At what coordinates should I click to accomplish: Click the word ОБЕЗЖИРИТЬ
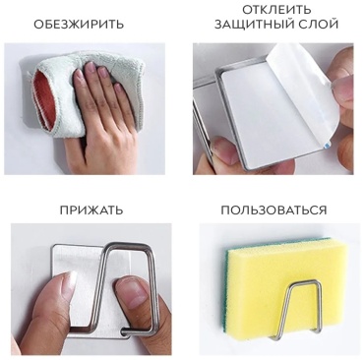pyautogui.click(x=79, y=25)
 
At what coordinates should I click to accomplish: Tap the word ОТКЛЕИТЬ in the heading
pyautogui.click(x=276, y=10)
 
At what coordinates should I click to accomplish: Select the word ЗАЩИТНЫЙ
pyautogui.click(x=251, y=25)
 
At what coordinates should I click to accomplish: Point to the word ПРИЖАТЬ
pyautogui.click(x=91, y=210)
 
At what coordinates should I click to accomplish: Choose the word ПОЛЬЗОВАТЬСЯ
pyautogui.click(x=273, y=210)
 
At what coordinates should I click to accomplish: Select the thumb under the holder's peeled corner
pyautogui.click(x=226, y=150)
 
